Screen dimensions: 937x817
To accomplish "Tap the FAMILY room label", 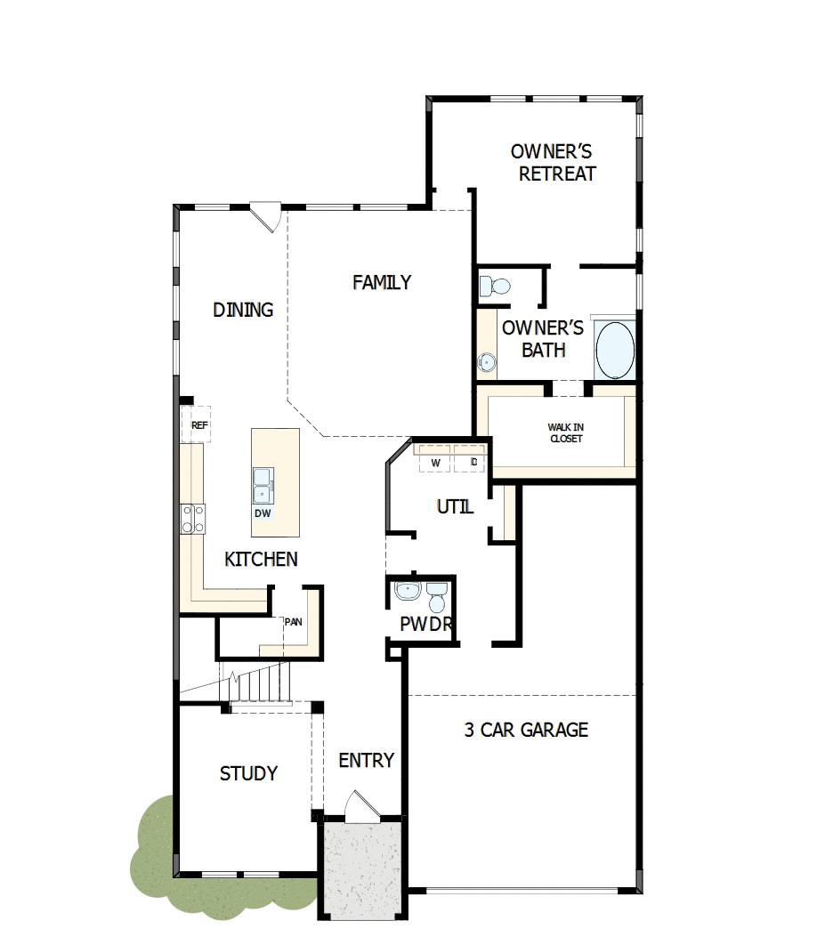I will [382, 282].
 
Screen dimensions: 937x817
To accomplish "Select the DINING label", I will [243, 310].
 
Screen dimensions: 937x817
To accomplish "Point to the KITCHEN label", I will [261, 560].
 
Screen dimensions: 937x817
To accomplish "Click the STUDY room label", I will [249, 773].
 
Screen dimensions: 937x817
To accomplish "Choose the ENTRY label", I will [366, 760].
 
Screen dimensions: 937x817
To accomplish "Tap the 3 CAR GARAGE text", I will [526, 730].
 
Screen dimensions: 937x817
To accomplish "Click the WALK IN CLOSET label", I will [566, 433].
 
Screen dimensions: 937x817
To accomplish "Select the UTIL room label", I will [455, 507].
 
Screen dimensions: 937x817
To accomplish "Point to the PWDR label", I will [426, 625].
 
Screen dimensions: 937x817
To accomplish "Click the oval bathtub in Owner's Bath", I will [615, 351].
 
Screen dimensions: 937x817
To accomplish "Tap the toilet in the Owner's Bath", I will [494, 287].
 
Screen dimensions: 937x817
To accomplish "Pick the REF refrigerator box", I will [198, 426].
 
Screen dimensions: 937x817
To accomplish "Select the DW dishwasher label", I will [263, 513].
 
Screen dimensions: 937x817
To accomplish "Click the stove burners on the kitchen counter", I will [193, 518].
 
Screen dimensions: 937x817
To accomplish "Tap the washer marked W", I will [435, 463].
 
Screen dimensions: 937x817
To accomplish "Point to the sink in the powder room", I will [408, 591].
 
